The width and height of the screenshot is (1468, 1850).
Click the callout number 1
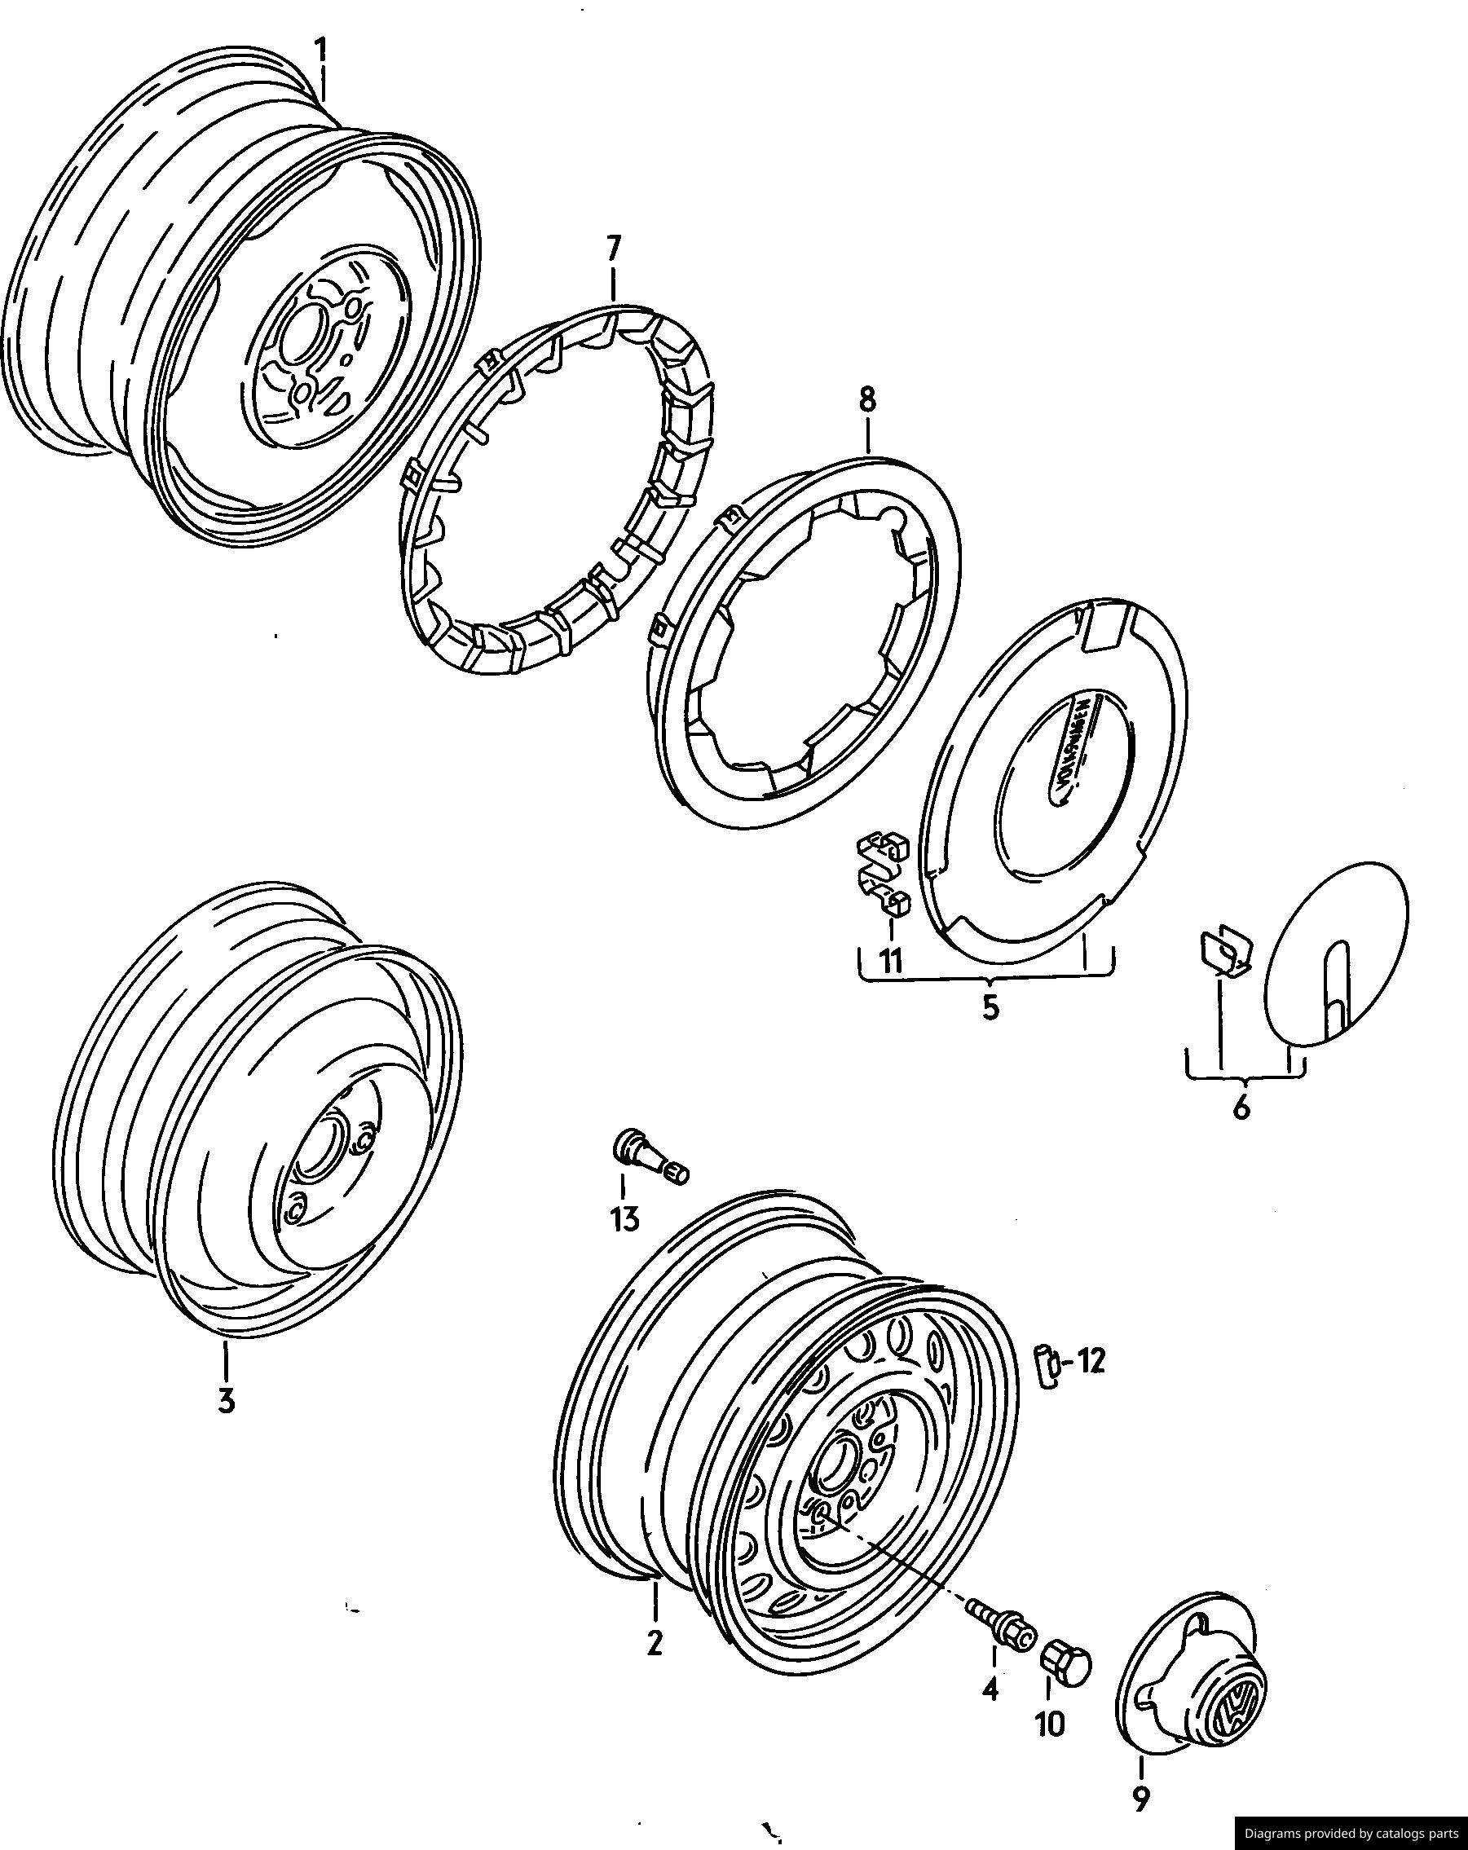[320, 51]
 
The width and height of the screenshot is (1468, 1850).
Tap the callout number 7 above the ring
[612, 249]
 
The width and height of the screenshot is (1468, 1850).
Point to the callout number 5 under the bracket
[990, 1007]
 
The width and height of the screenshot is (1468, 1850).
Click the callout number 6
[1241, 1109]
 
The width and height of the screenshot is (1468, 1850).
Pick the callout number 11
[892, 961]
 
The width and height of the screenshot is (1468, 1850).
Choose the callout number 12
[1090, 1361]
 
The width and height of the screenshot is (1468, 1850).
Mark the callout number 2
[655, 1642]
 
